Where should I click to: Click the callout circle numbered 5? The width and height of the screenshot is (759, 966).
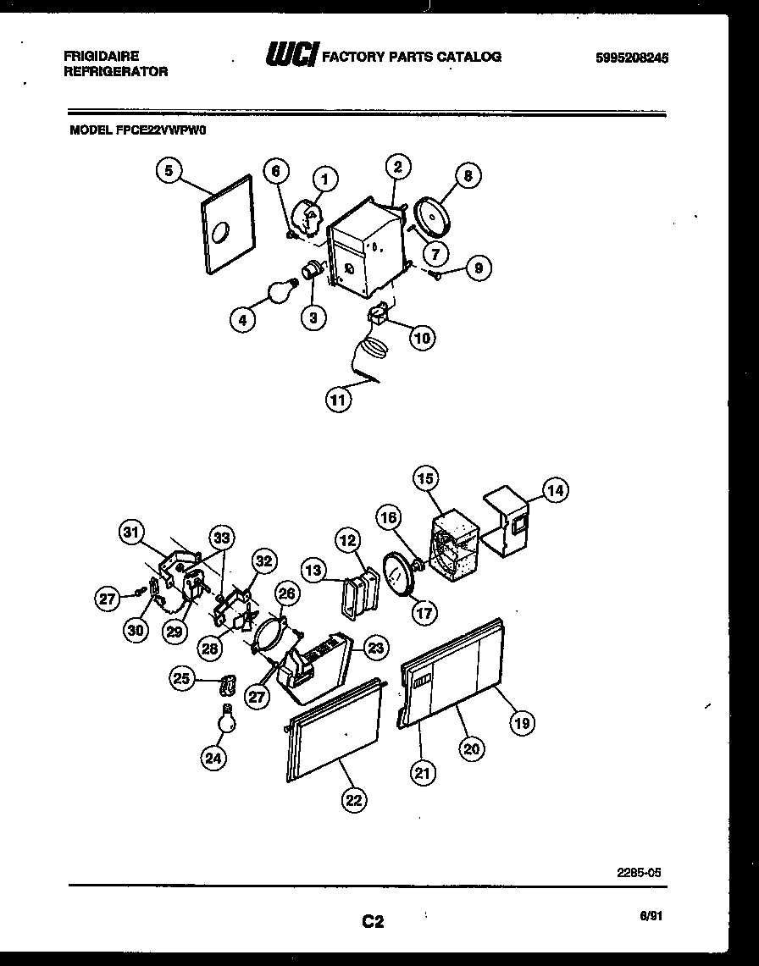[169, 171]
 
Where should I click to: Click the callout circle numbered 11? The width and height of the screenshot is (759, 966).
[339, 400]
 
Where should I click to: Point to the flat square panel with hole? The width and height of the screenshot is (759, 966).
[227, 226]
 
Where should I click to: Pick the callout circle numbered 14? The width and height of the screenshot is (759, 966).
[556, 489]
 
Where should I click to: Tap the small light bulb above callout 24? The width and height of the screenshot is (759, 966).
[226, 720]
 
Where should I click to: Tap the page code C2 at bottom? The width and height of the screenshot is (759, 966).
[373, 922]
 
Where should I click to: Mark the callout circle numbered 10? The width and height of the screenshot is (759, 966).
[421, 339]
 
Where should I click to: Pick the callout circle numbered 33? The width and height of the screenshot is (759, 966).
[222, 538]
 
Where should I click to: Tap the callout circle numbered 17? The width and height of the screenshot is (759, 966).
[424, 611]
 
